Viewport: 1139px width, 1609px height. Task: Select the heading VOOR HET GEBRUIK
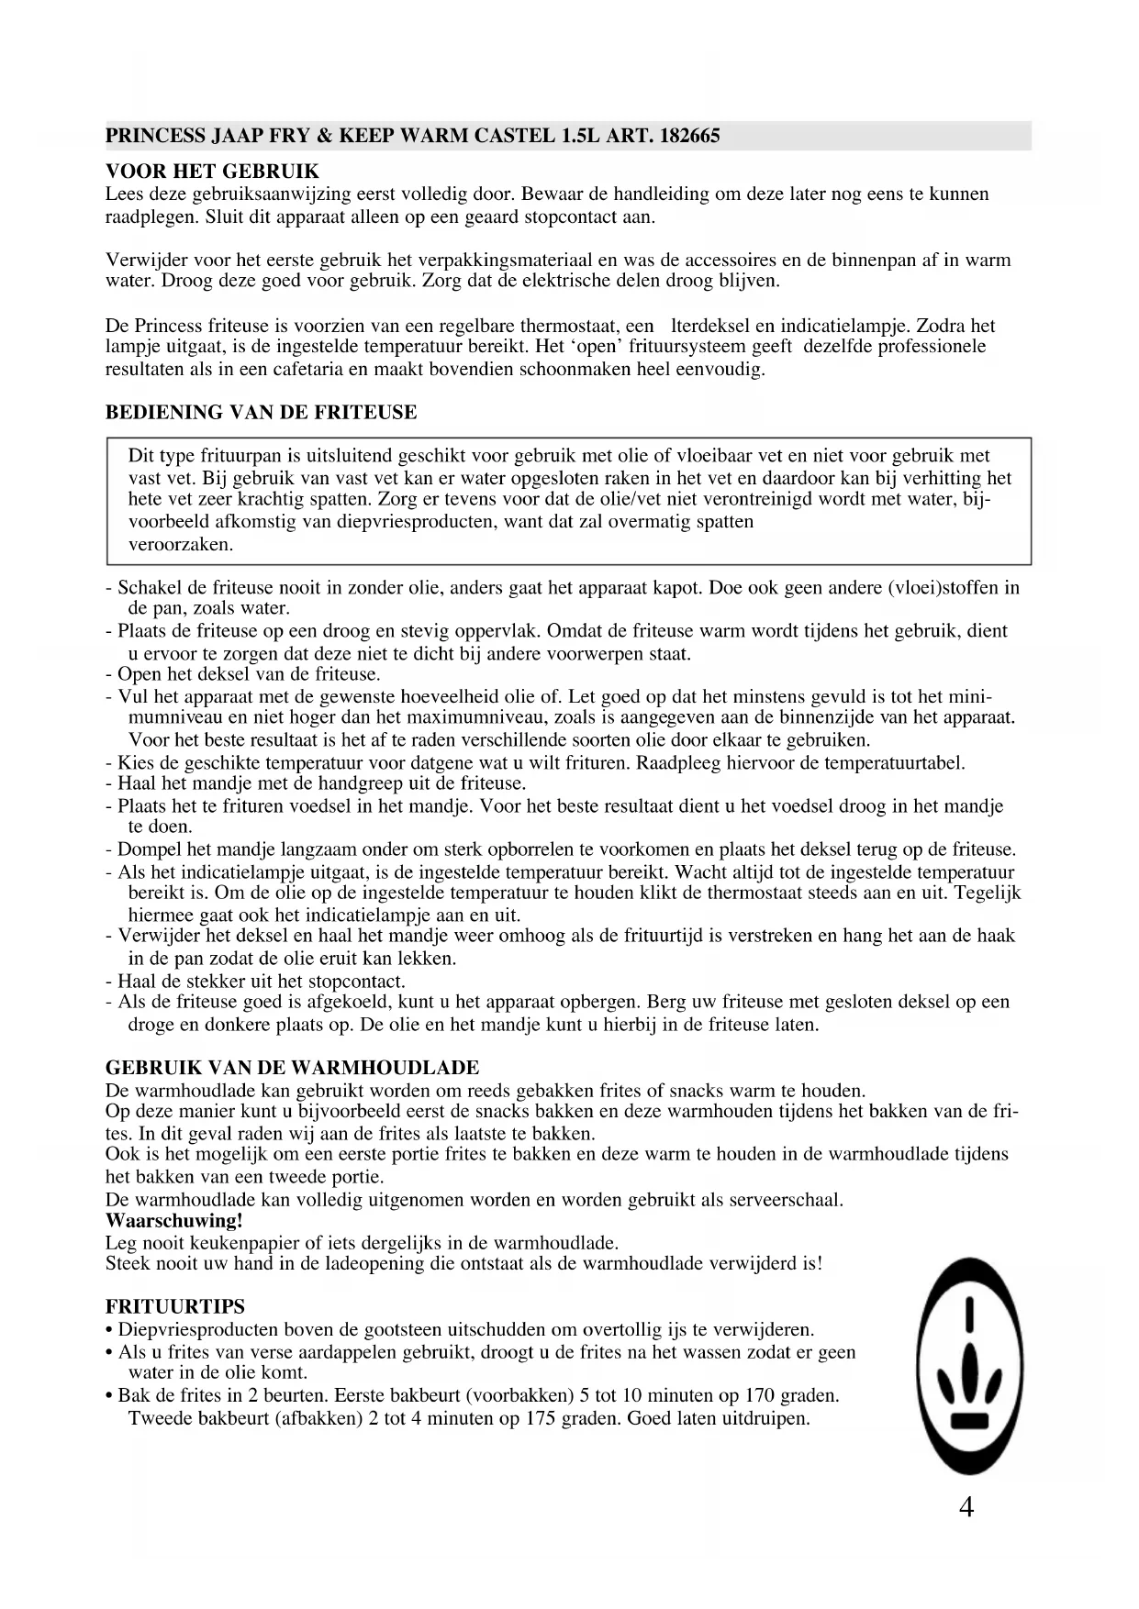pos(213,172)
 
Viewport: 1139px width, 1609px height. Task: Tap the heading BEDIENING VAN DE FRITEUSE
pos(262,413)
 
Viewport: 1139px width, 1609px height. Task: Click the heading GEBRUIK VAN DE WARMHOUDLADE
pos(293,1068)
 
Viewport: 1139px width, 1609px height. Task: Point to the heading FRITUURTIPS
pos(175,1306)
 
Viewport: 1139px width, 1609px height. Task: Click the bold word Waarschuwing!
pos(174,1221)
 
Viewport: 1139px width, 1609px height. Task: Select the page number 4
pos(966,1507)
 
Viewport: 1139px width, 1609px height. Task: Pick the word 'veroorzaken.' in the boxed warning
pos(181,544)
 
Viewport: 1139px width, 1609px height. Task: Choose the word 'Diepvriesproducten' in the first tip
pos(188,1329)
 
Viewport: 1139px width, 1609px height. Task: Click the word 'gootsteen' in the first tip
pos(402,1329)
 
